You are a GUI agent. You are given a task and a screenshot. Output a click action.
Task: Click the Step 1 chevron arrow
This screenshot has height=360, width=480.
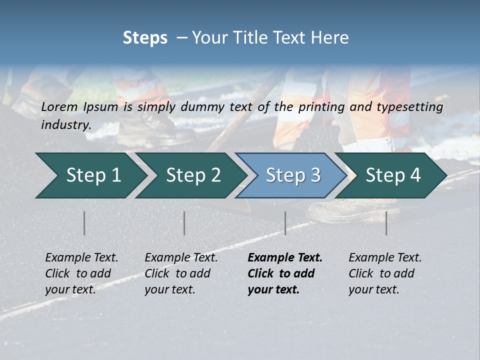click(x=90, y=175)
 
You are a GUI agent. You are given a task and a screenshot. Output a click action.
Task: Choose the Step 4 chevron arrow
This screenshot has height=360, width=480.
click(x=393, y=175)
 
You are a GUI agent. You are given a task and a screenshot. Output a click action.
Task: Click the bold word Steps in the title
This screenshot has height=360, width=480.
click(x=145, y=38)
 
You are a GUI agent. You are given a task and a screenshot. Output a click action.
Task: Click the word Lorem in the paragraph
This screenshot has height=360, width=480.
click(x=59, y=106)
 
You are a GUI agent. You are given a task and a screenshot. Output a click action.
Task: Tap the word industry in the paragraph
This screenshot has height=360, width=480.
click(x=65, y=125)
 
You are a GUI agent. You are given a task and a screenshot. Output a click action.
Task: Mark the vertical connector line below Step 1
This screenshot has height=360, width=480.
click(x=84, y=223)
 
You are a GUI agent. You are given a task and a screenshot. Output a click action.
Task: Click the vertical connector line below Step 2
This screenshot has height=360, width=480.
click(x=184, y=223)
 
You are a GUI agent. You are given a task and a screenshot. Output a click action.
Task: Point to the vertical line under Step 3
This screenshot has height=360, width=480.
click(x=285, y=223)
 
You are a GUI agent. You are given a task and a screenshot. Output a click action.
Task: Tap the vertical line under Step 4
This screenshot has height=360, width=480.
click(x=386, y=223)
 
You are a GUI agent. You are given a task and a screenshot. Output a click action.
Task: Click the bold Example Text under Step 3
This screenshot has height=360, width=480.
click(x=285, y=258)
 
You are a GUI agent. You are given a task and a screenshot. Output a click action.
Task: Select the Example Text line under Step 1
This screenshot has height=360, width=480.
click(x=81, y=258)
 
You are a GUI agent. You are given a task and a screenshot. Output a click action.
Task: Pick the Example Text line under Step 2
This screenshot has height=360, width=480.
click(x=181, y=258)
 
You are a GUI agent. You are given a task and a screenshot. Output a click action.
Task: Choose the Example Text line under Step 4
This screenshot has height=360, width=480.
click(x=385, y=258)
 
